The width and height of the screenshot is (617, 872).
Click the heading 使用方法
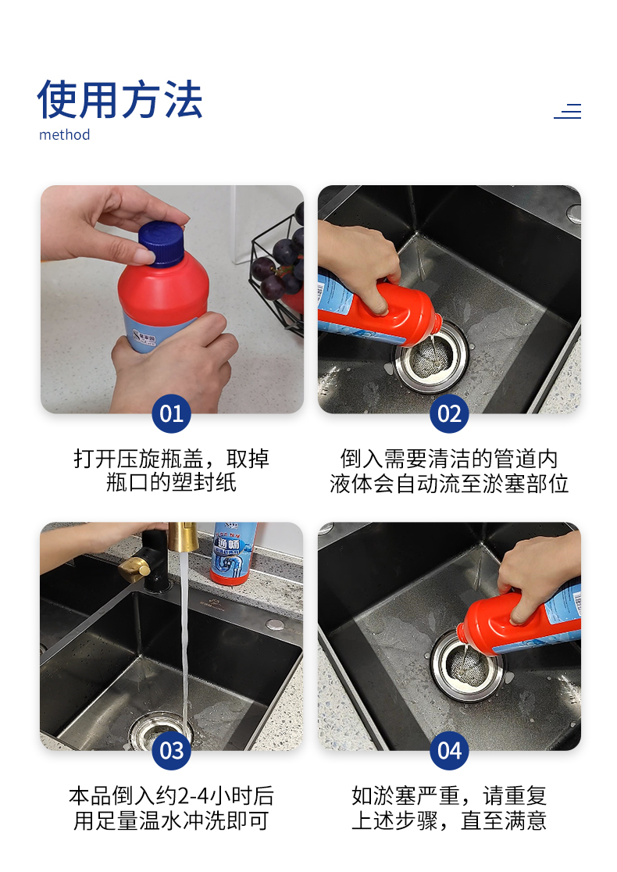pyautogui.click(x=119, y=99)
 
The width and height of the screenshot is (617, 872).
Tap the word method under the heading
pyautogui.click(x=65, y=134)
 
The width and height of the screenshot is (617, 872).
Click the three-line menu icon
pyautogui.click(x=568, y=111)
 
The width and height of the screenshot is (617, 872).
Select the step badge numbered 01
pyautogui.click(x=171, y=414)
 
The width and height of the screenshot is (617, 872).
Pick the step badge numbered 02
pyautogui.click(x=449, y=414)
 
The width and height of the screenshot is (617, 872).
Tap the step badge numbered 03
pyautogui.click(x=171, y=751)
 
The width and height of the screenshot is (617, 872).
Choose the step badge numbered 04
pyautogui.click(x=449, y=751)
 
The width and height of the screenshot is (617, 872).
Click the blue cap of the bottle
pyautogui.click(x=161, y=244)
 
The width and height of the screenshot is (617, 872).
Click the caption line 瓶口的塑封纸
pyautogui.click(x=171, y=482)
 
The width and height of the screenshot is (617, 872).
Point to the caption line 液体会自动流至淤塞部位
pyautogui.click(x=449, y=483)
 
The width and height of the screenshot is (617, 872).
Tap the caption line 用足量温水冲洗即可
pyautogui.click(x=171, y=820)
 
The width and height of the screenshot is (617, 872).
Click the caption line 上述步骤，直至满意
pyautogui.click(x=449, y=820)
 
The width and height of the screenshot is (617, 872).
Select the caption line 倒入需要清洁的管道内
pyautogui.click(x=449, y=459)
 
